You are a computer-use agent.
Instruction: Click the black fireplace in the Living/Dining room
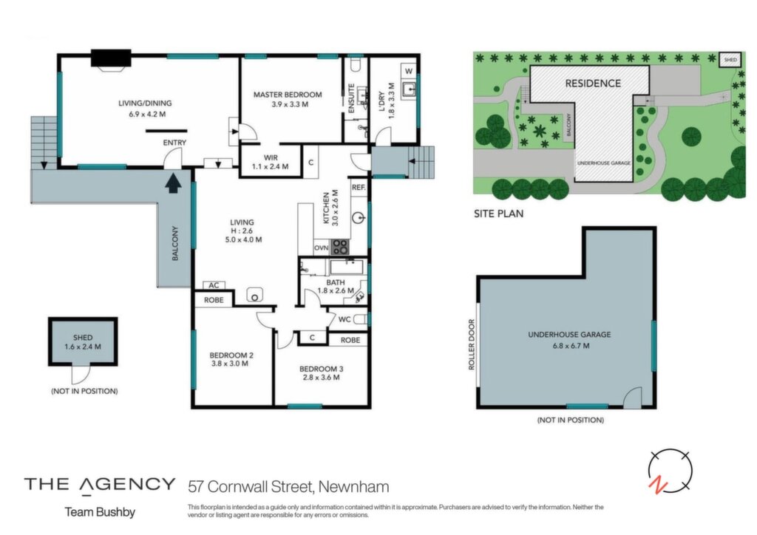tap(111, 58)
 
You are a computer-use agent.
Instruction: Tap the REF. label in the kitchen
tap(359, 187)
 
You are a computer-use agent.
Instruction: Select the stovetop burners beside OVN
tap(340, 247)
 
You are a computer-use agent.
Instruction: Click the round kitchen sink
tap(359, 218)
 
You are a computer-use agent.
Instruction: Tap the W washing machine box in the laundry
tap(408, 72)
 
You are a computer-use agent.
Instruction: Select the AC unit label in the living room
tap(214, 285)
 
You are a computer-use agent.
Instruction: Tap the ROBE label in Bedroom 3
tap(350, 340)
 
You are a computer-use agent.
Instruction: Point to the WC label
tap(344, 319)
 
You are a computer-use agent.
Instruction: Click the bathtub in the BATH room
tap(347, 266)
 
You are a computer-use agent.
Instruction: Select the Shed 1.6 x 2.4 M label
tap(83, 342)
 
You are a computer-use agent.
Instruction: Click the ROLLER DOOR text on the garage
tap(472, 344)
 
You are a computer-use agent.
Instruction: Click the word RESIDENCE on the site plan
tap(593, 84)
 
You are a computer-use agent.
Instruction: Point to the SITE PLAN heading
tap(499, 214)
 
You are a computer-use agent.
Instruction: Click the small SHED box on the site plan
tap(730, 59)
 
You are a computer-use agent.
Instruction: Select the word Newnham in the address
tap(354, 486)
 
